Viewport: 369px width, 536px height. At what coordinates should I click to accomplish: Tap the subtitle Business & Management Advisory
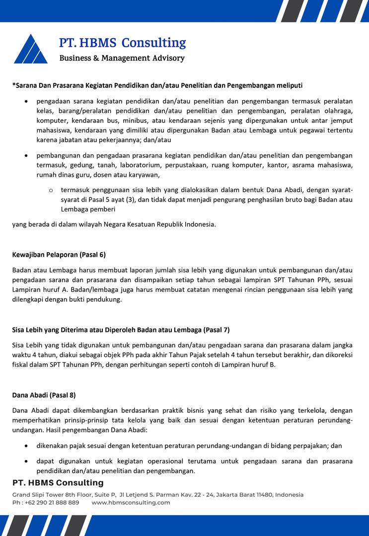click(x=122, y=58)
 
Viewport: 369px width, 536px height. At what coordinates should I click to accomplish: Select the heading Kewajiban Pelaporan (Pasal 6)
click(x=59, y=255)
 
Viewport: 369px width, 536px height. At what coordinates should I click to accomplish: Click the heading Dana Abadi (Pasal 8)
click(x=44, y=395)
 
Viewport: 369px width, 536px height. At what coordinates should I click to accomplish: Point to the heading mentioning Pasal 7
click(x=121, y=330)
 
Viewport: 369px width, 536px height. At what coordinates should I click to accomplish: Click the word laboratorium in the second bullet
click(x=129, y=165)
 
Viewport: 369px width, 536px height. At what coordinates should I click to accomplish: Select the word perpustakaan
click(x=184, y=165)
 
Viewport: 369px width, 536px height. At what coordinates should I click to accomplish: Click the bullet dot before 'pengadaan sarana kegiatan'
click(x=26, y=101)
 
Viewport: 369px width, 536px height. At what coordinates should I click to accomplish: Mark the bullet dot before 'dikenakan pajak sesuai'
click(x=26, y=446)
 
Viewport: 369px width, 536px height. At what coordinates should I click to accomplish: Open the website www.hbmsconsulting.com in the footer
click(x=131, y=502)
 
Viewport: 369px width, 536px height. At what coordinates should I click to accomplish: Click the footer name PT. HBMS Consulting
click(x=58, y=483)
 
